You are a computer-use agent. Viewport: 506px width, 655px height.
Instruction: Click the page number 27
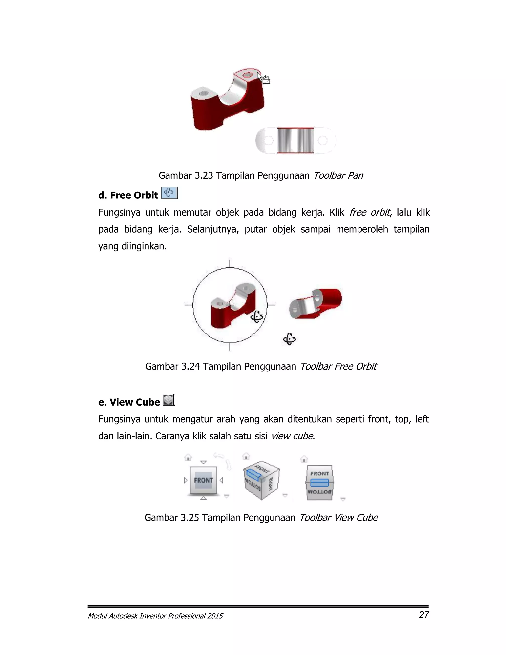coord(424,614)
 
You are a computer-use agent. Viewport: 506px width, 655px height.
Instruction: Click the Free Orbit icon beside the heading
coord(169,192)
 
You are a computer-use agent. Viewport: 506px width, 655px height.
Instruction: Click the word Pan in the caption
coord(355,175)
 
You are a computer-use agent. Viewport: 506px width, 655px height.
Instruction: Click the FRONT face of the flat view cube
coord(204,480)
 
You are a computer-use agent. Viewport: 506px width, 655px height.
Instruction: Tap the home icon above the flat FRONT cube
coord(188,457)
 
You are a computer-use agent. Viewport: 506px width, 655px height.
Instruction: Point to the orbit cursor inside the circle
coord(257,317)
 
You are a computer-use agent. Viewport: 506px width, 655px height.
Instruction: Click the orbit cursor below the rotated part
coord(289,339)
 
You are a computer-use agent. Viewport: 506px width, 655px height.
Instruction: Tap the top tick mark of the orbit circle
coord(230,264)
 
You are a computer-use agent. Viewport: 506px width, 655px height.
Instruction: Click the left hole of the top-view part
coord(268,140)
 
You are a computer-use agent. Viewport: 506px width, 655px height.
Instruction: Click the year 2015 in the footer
coord(215,616)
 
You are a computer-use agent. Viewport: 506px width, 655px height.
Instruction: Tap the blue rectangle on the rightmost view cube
coord(319,482)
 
